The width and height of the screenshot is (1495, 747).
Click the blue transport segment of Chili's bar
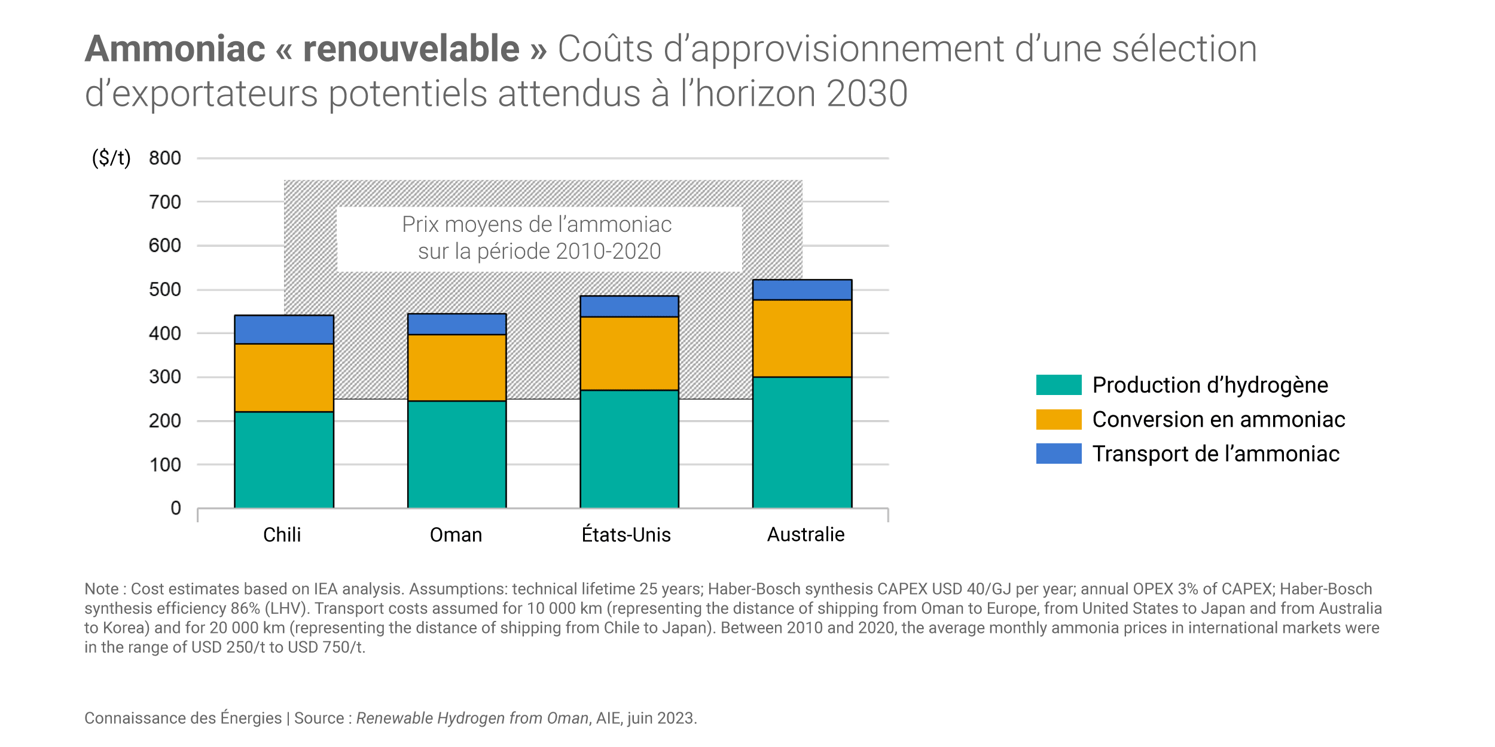pyautogui.click(x=284, y=329)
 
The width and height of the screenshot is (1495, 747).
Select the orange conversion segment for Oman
pyautogui.click(x=457, y=368)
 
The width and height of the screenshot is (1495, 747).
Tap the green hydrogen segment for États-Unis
pyautogui.click(x=629, y=449)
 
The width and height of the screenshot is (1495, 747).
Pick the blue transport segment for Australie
pyautogui.click(x=802, y=290)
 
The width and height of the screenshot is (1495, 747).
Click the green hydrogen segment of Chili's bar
pyautogui.click(x=284, y=460)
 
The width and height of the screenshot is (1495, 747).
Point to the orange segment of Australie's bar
pyautogui.click(x=802, y=338)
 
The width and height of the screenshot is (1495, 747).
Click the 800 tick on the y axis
pyautogui.click(x=165, y=158)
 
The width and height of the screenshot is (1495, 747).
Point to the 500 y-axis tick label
pyautogui.click(x=165, y=290)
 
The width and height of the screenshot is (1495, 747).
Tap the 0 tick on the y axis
pyautogui.click(x=176, y=508)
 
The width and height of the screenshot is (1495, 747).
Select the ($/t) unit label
pyautogui.click(x=111, y=158)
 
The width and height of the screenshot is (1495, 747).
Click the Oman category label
pyautogui.click(x=456, y=535)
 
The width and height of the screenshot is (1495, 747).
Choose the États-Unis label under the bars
pyautogui.click(x=626, y=535)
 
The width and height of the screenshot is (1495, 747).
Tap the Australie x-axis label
pyautogui.click(x=806, y=535)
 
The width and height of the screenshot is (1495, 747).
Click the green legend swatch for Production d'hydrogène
pyautogui.click(x=1058, y=385)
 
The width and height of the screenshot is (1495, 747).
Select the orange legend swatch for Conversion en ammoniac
pyautogui.click(x=1058, y=420)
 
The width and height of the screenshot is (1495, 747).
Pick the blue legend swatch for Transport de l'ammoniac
pyautogui.click(x=1058, y=454)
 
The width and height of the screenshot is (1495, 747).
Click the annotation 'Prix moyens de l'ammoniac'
pyautogui.click(x=537, y=225)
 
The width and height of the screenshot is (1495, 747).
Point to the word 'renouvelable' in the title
pyautogui.click(x=411, y=48)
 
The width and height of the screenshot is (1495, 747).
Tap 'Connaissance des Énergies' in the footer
pyautogui.click(x=182, y=718)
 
